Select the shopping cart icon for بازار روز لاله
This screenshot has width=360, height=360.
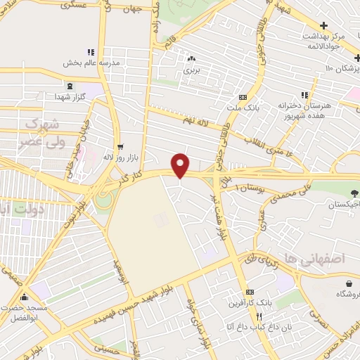tap(121, 147)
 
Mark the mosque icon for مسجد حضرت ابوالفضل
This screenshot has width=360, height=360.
tap(25, 297)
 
